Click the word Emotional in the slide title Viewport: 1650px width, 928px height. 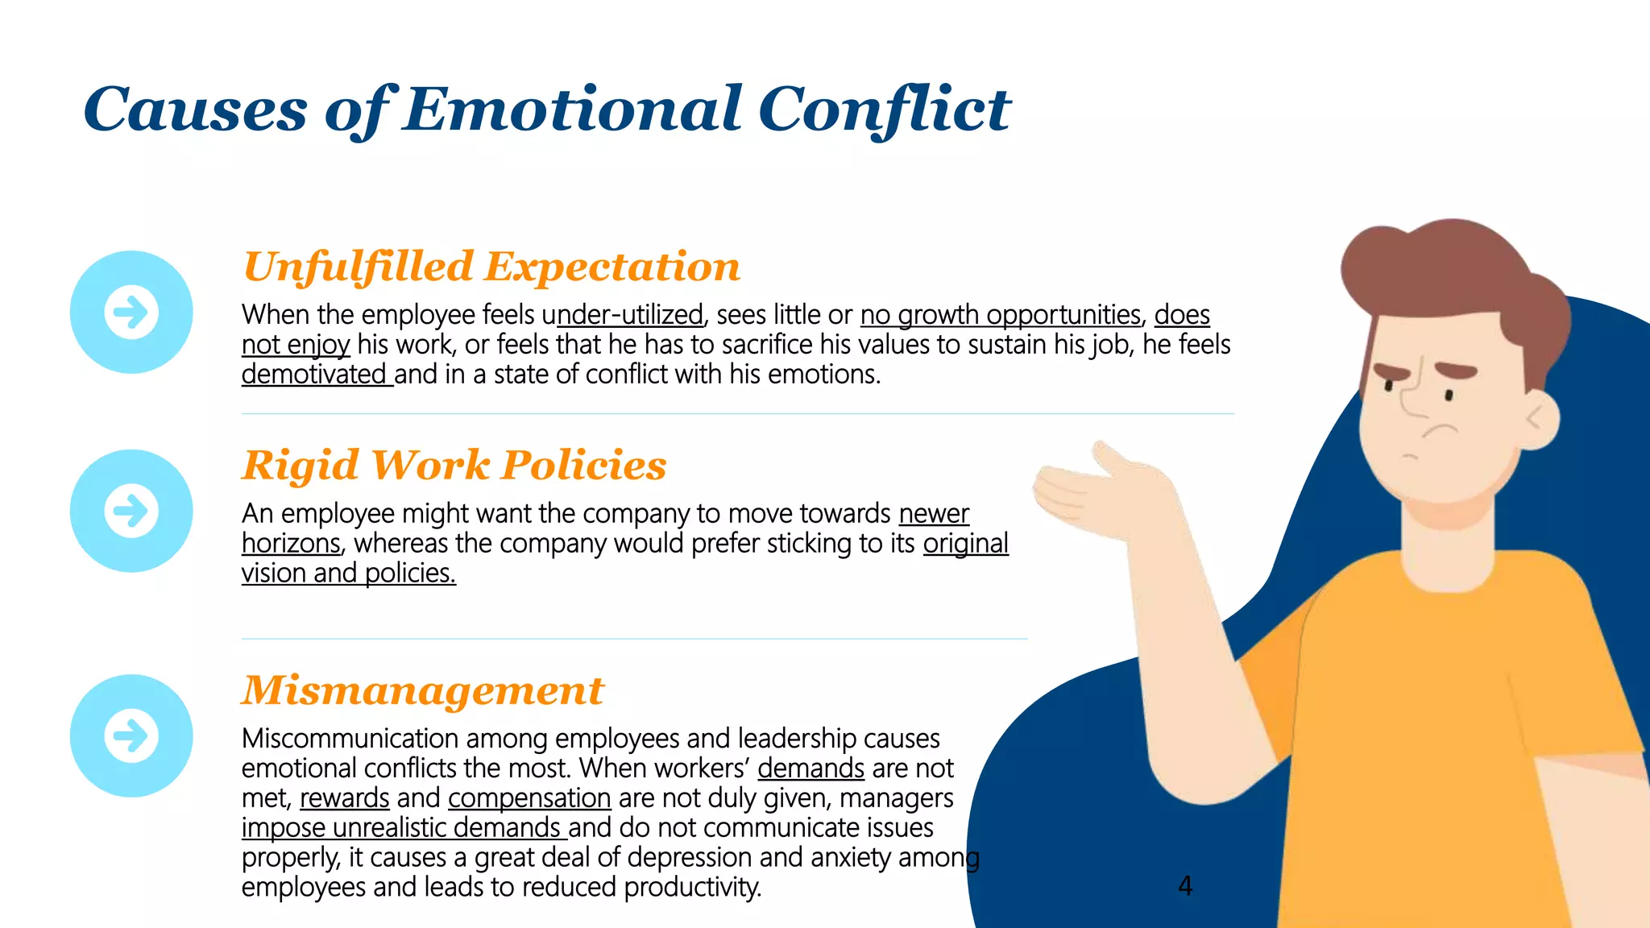pyautogui.click(x=572, y=110)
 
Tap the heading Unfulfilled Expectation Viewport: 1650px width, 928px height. pyautogui.click(x=491, y=267)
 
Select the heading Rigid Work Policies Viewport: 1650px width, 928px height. pyautogui.click(x=454, y=466)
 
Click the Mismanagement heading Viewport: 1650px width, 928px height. pyautogui.click(x=423, y=690)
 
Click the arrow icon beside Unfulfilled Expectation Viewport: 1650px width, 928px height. pyautogui.click(x=131, y=313)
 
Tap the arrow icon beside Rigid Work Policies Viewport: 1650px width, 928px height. pyautogui.click(x=131, y=511)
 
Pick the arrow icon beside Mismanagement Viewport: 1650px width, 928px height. pyautogui.click(x=131, y=735)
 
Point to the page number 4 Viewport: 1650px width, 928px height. pyautogui.click(x=1185, y=886)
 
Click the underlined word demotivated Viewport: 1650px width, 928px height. pyautogui.click(x=314, y=375)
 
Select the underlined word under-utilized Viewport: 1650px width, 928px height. pyautogui.click(x=628, y=315)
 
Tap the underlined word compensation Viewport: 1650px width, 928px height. pyautogui.click(x=529, y=798)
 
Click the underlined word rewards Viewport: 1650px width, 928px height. pyautogui.click(x=345, y=798)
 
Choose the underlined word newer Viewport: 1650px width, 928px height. pyautogui.click(x=934, y=514)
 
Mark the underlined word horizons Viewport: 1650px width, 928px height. pyautogui.click(x=292, y=544)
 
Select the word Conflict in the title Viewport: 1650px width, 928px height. pyautogui.click(x=884, y=110)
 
